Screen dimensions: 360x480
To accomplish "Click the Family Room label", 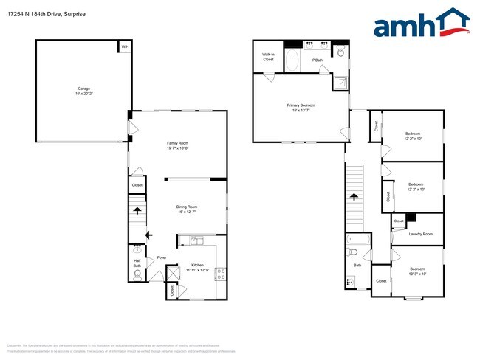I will click(x=177, y=145).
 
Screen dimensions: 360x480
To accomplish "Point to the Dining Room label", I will click(x=187, y=209).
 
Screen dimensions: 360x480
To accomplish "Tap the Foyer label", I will click(x=161, y=257).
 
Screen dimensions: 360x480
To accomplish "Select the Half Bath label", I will click(x=137, y=263).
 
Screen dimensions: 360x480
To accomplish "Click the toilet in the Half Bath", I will click(x=137, y=276).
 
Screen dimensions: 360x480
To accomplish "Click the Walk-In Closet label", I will click(x=268, y=57).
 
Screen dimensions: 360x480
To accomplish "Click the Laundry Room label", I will click(x=420, y=234).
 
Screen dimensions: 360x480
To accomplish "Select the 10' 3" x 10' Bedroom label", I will click(x=417, y=271).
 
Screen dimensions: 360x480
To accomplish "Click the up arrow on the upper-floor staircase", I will click(x=354, y=197).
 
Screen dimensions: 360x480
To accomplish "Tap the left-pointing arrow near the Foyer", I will click(x=148, y=235).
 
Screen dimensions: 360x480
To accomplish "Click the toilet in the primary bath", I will click(x=340, y=52).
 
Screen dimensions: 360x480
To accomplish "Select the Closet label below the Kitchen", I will click(x=173, y=290).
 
